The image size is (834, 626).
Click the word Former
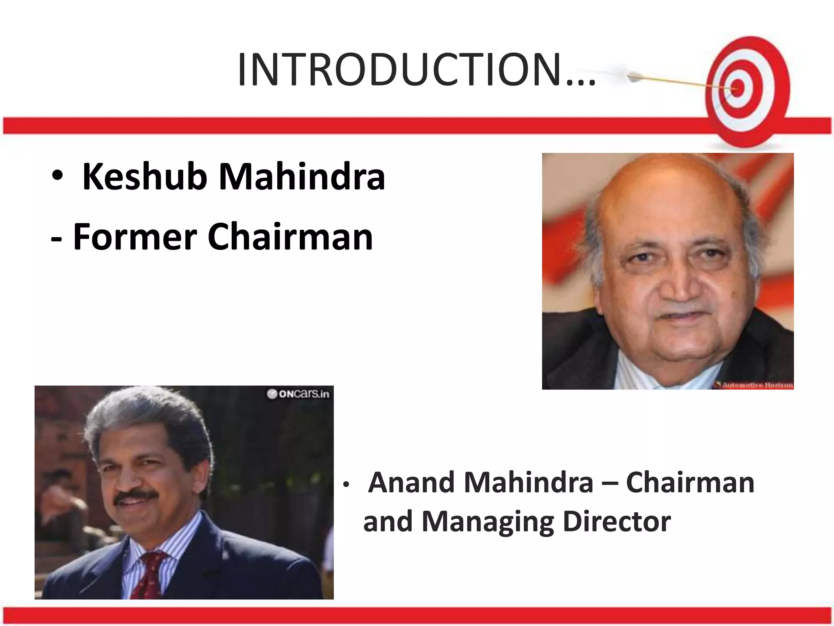[x=135, y=237]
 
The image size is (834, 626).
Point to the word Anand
[x=411, y=483]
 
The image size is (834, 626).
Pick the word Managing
[x=488, y=522]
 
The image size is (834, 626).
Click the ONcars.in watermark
[x=298, y=394]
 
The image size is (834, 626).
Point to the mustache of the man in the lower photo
[x=136, y=496]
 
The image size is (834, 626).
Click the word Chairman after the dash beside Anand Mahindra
[x=690, y=483]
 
